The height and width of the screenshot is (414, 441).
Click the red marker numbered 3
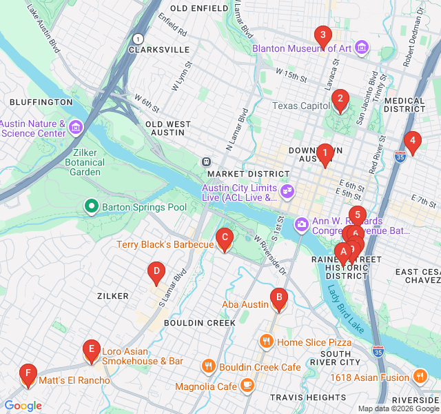click(x=322, y=35)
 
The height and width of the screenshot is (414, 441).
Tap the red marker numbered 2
click(x=339, y=100)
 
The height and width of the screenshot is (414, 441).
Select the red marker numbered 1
click(x=325, y=154)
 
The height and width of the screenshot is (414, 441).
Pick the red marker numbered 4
click(x=412, y=142)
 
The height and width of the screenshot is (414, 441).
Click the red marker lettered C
click(x=224, y=239)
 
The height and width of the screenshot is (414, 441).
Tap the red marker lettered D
click(x=156, y=273)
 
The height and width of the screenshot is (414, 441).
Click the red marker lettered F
click(x=28, y=375)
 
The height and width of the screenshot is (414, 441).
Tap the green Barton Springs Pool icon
click(x=91, y=206)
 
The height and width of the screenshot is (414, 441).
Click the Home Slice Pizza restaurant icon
click(x=267, y=342)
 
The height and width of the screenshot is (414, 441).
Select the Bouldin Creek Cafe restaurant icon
click(x=208, y=366)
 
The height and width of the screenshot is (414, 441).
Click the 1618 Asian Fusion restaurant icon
click(x=420, y=376)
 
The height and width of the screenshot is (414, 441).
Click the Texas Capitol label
click(x=302, y=106)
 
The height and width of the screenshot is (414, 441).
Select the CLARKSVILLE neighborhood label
click(x=158, y=50)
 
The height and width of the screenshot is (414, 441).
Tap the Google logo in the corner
click(x=23, y=406)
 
